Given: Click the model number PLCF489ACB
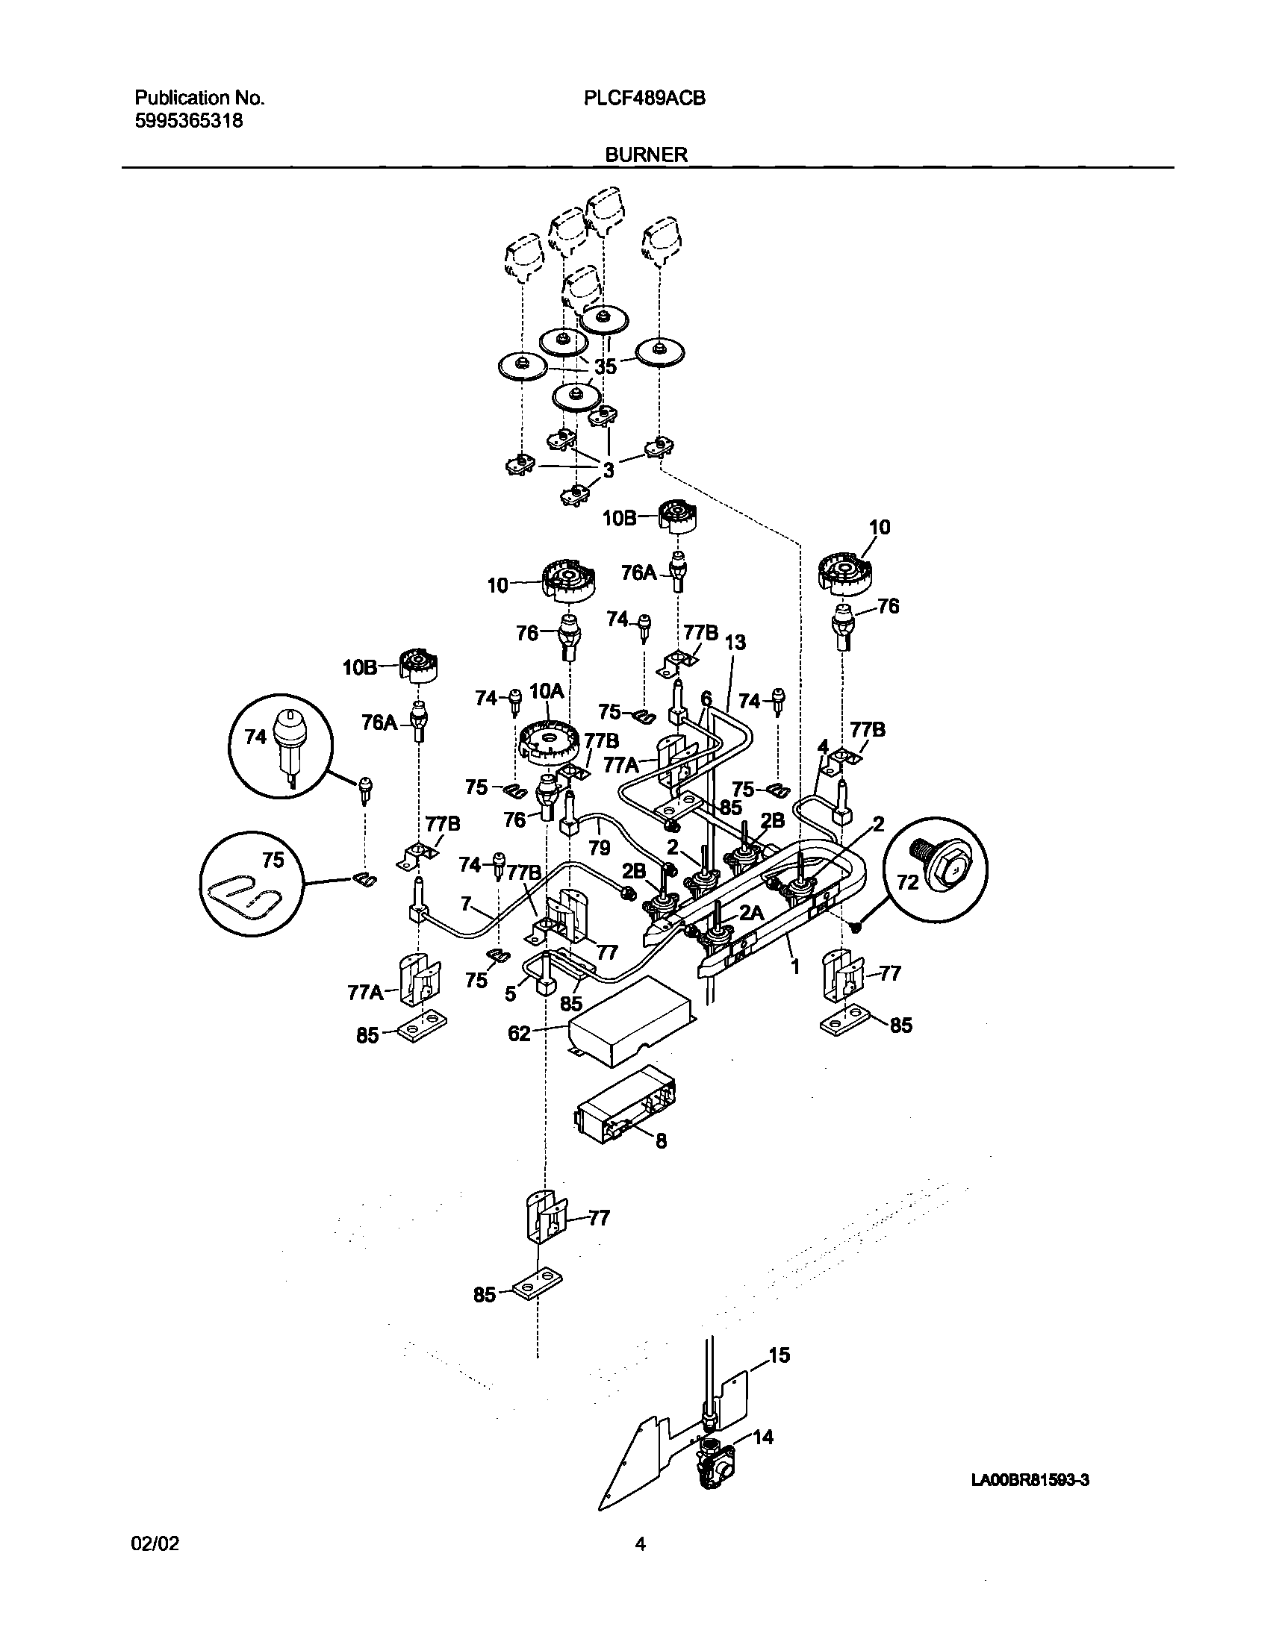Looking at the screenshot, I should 644,99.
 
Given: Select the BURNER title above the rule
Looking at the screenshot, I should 647,154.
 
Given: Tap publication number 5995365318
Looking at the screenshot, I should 188,121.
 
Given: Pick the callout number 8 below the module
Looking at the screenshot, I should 661,1142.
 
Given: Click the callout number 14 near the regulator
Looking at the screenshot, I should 763,1437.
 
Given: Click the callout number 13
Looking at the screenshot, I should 735,643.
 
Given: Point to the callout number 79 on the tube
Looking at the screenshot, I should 599,848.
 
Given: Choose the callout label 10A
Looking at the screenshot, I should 546,691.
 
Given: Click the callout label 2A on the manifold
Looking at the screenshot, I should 750,913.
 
